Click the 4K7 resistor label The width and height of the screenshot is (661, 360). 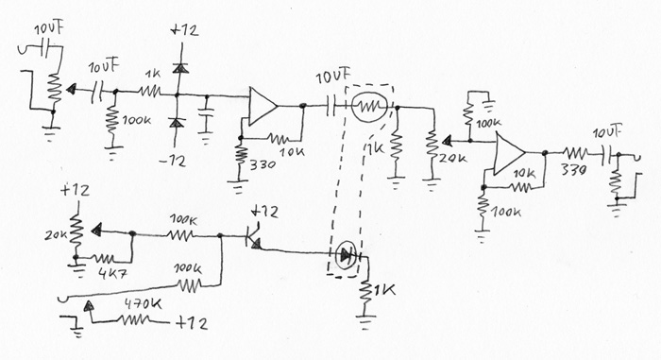[112, 274]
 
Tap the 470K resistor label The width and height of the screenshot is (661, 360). [143, 303]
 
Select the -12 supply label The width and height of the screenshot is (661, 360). [173, 161]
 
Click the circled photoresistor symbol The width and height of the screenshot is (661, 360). [369, 107]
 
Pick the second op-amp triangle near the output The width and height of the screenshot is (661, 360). [510, 153]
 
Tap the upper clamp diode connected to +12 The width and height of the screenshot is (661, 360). [180, 67]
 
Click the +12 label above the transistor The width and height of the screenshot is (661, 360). [263, 212]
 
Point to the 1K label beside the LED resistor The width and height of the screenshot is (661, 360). [383, 290]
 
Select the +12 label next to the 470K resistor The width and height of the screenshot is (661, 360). [192, 323]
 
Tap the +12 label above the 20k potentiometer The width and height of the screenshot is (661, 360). [75, 190]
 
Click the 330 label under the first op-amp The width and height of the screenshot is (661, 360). [263, 164]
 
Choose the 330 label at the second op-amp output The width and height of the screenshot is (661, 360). [574, 170]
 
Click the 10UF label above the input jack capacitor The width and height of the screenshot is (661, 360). [50, 28]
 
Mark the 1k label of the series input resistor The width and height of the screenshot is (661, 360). [153, 74]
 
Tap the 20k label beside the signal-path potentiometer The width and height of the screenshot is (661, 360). [453, 158]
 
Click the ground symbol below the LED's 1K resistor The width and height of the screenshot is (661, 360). [366, 321]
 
